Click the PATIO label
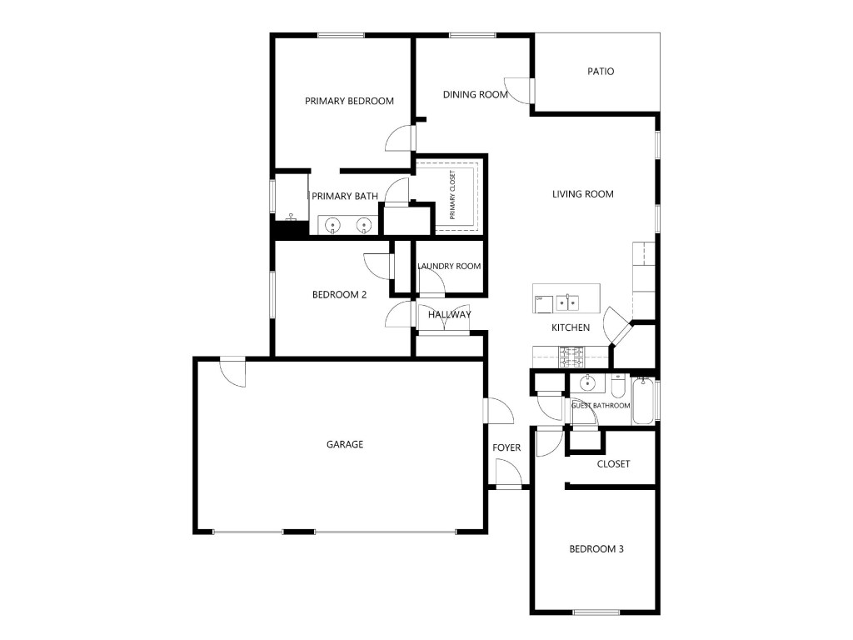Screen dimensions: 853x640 [x=601, y=72]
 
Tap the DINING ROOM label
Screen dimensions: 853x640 [x=475, y=95]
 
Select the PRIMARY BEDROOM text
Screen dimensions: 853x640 [x=349, y=101]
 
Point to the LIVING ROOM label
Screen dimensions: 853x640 [x=582, y=194]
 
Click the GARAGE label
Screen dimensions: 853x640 [x=345, y=445]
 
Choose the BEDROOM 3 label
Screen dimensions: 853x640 [x=596, y=549]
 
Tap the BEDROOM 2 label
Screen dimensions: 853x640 [x=340, y=295]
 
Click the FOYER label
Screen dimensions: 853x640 [x=506, y=447]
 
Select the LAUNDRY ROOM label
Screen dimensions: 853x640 [x=449, y=267]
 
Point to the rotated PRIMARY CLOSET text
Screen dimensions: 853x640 [x=452, y=195]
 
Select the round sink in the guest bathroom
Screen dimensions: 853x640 [x=587, y=383]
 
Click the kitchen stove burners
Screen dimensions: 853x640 [x=571, y=357]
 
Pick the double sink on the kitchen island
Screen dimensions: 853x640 [x=566, y=302]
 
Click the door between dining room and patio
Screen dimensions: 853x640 [x=520, y=90]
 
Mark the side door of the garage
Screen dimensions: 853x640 [x=233, y=372]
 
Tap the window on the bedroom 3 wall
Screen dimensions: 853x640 [x=596, y=612]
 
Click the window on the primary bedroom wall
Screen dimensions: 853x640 [x=341, y=35]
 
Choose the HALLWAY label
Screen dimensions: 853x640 [x=449, y=314]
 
